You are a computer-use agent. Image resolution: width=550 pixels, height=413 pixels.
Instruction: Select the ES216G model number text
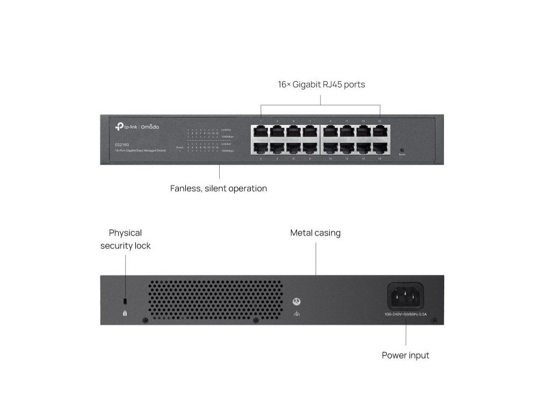coord(121,144)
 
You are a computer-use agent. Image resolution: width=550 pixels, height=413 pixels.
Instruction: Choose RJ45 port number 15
coord(380,131)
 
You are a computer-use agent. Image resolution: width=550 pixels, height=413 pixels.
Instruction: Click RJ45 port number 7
coord(310,131)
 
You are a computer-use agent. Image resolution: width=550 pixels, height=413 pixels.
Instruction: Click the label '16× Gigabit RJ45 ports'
coord(321,84)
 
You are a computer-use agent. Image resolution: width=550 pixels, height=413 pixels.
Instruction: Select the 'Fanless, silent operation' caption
coord(218,189)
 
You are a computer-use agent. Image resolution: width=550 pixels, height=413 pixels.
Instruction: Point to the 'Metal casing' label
coord(315,233)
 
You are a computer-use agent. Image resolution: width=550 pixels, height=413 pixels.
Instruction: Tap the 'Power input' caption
coord(406,355)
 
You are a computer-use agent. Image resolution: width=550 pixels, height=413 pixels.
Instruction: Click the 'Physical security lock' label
coord(125,239)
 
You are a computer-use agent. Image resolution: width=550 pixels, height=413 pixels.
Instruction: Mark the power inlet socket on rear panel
coord(406,296)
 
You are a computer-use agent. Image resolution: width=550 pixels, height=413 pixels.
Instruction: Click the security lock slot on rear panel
coord(125,300)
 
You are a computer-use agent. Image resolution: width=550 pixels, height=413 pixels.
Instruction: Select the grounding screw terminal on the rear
coord(295,302)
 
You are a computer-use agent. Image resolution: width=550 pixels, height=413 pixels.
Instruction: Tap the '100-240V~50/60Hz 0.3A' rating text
coord(406,314)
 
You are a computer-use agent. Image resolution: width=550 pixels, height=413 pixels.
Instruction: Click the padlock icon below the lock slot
coord(125,312)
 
